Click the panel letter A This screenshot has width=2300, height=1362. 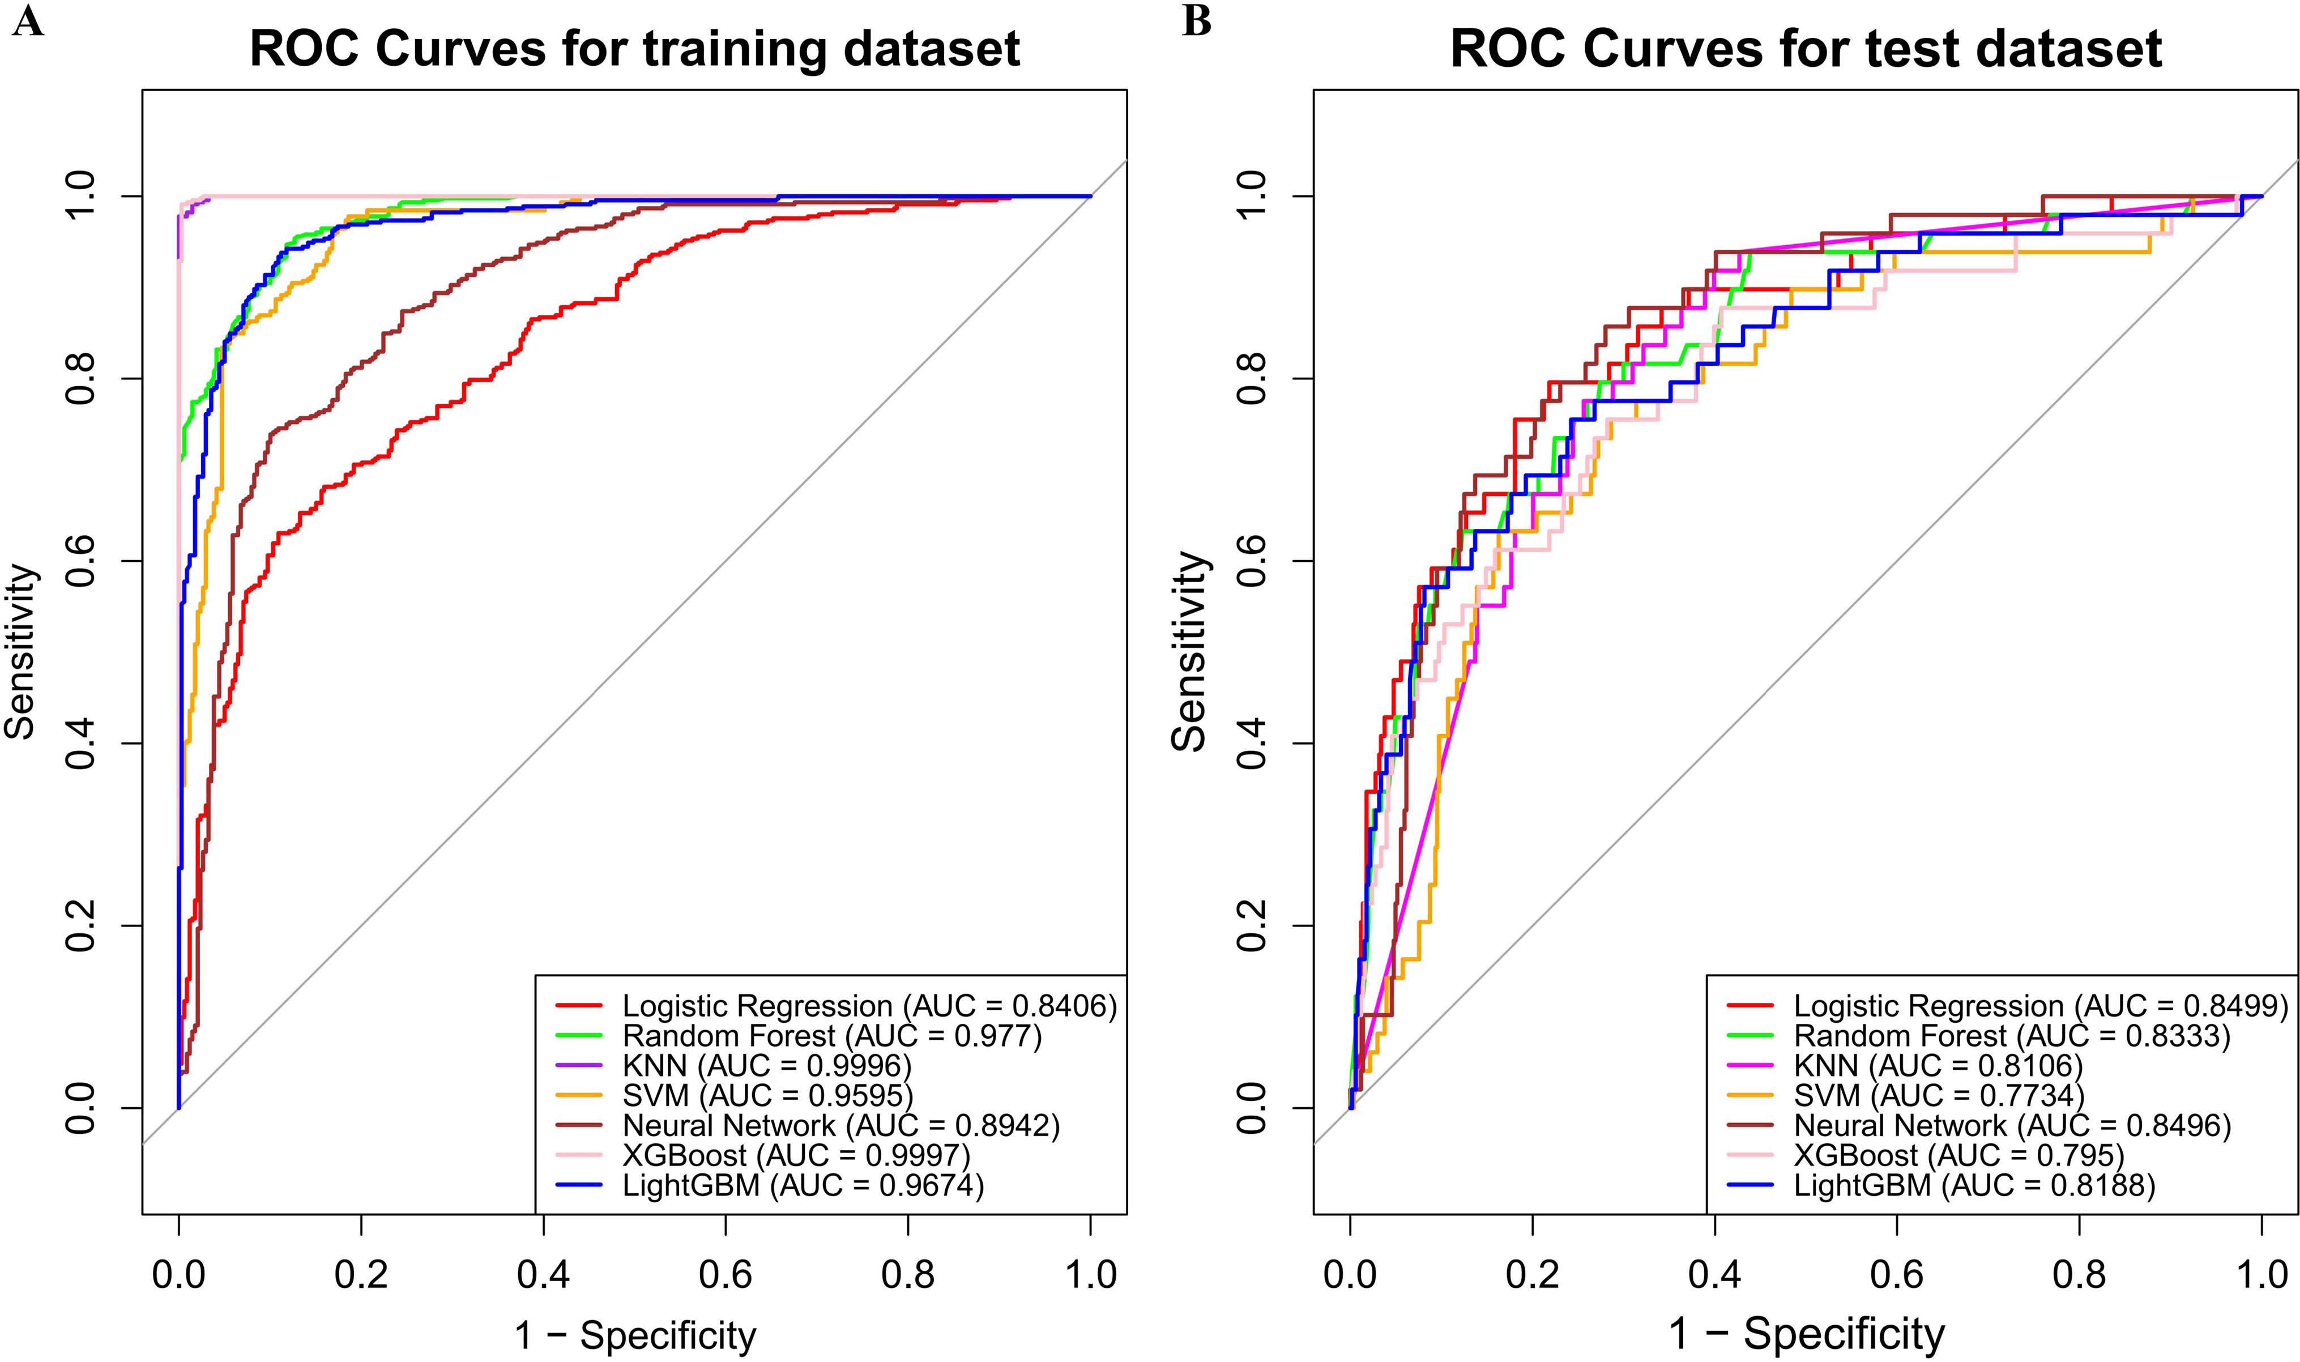click(28, 20)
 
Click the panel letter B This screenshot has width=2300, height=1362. click(1197, 20)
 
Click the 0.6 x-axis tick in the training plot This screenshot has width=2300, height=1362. click(726, 1276)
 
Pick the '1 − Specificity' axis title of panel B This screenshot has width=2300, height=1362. click(1806, 1334)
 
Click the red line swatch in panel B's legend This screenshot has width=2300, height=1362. click(1750, 1007)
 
